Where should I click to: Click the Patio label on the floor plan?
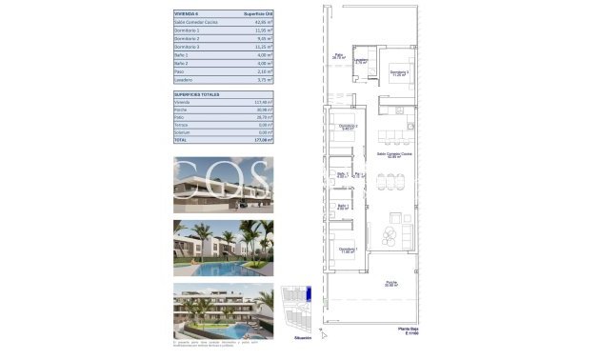pos(339,57)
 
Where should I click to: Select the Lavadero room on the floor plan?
pos(361,62)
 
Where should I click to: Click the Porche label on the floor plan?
pos(391,283)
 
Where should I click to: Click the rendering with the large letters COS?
pos(224,184)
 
